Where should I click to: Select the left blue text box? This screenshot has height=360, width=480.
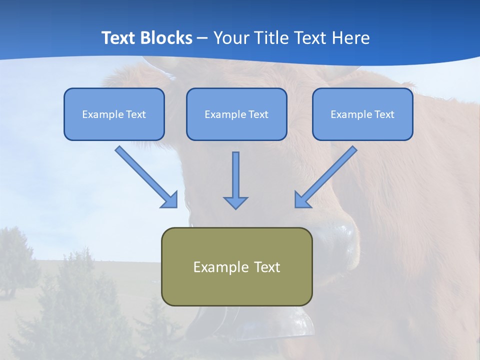click(114, 114)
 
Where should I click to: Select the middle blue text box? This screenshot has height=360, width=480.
click(236, 114)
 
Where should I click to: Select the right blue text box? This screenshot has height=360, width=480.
click(362, 114)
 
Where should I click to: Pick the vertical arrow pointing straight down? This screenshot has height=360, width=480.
click(235, 175)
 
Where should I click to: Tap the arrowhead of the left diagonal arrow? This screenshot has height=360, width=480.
click(170, 200)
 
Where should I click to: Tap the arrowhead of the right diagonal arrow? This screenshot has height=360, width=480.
click(302, 200)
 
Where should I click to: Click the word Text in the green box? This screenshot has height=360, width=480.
click(267, 267)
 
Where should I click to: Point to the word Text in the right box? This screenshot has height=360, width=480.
click(384, 114)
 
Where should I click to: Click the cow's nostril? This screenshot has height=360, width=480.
click(345, 235)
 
